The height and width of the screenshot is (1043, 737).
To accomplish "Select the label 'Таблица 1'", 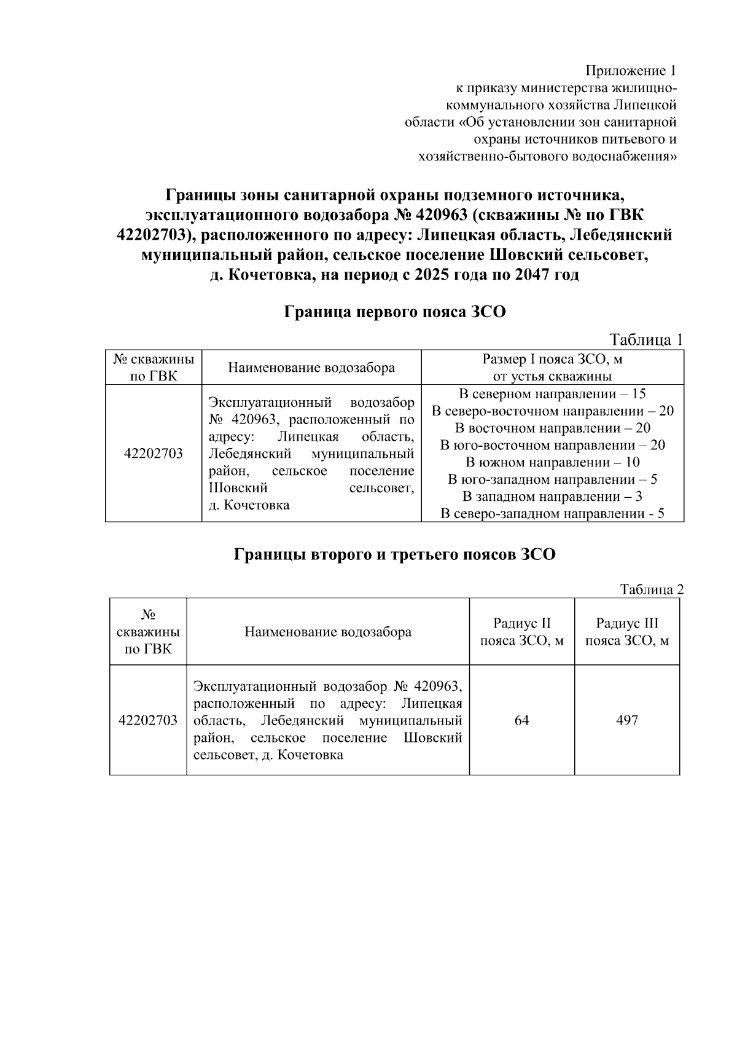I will pos(645,340).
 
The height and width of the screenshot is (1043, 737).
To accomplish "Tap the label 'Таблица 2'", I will pos(651,589).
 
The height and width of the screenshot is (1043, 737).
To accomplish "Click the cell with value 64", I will pos(521,720).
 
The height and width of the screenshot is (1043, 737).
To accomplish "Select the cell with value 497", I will pos(626,720).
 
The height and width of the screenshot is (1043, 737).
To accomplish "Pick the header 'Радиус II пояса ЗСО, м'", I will pos(521,632).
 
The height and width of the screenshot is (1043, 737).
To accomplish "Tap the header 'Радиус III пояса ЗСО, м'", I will pos(626,632).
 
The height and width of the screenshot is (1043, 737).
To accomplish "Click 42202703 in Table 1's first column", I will pos(153,454).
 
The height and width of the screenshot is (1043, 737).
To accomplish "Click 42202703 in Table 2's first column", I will pos(148,720).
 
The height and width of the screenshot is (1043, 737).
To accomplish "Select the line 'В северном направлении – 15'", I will pos(552,394).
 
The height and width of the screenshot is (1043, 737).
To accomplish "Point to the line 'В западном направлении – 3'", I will pos(552,497).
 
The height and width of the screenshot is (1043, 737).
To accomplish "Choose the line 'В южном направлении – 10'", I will pos(552,462).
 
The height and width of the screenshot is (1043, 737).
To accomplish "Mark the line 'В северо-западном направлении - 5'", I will pos(552,514).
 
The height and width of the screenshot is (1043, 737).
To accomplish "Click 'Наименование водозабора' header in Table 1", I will pos(311,368).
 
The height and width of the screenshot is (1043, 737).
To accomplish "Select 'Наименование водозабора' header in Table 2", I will pos(328,632).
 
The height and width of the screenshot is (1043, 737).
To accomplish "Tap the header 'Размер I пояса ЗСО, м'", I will pos(552,359).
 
